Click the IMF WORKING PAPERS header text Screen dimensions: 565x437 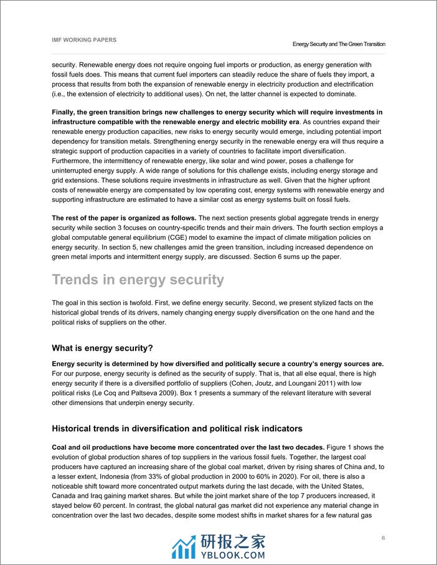[84, 40]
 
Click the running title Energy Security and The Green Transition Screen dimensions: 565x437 [339, 44]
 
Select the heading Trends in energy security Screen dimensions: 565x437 [138, 280]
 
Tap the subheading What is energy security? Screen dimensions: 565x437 [102, 347]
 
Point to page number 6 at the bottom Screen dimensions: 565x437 [383, 538]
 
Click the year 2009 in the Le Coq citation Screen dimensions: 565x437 [217, 392]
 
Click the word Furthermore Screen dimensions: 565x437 [73, 161]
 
